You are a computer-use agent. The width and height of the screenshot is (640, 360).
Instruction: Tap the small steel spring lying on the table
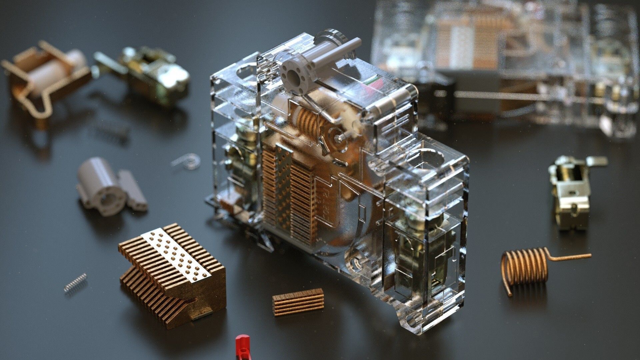[76, 284]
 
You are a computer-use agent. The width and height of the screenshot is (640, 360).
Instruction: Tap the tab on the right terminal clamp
[597, 161]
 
